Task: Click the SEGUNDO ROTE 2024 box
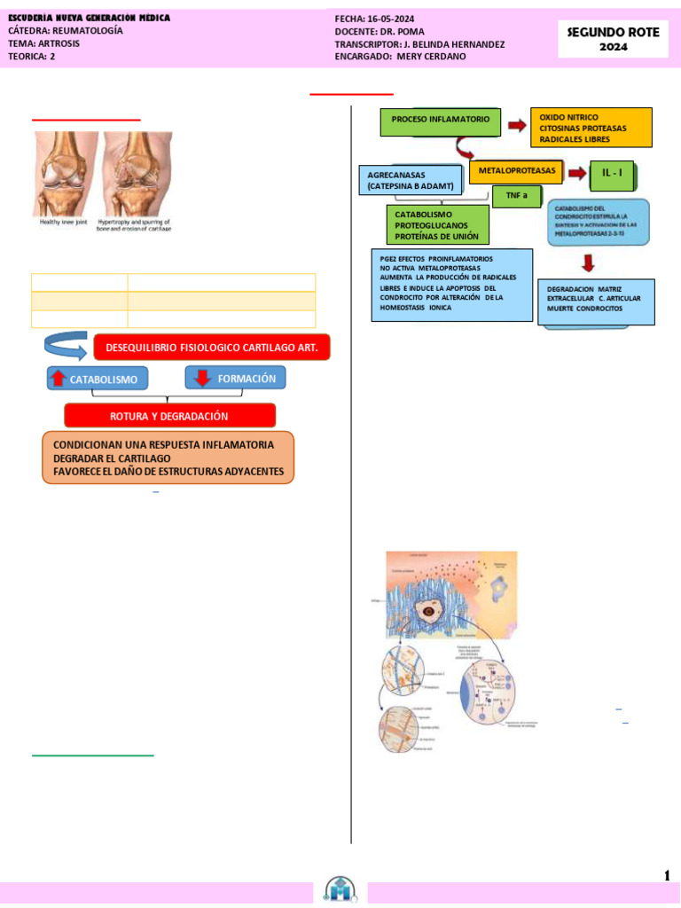[613, 39]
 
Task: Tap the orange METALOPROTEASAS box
[516, 169]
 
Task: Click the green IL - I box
[612, 176]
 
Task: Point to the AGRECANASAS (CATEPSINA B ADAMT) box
[410, 180]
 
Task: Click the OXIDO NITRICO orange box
[590, 128]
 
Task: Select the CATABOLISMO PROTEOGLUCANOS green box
[437, 225]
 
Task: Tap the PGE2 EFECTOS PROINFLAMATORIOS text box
[450, 284]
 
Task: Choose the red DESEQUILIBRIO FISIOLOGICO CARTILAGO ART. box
[211, 348]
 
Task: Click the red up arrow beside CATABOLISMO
[58, 379]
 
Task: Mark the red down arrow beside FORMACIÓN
[201, 379]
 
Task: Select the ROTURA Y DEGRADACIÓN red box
[169, 415]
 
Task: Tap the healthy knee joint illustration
[67, 175]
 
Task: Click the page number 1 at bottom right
[666, 876]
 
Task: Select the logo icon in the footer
[340, 889]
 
